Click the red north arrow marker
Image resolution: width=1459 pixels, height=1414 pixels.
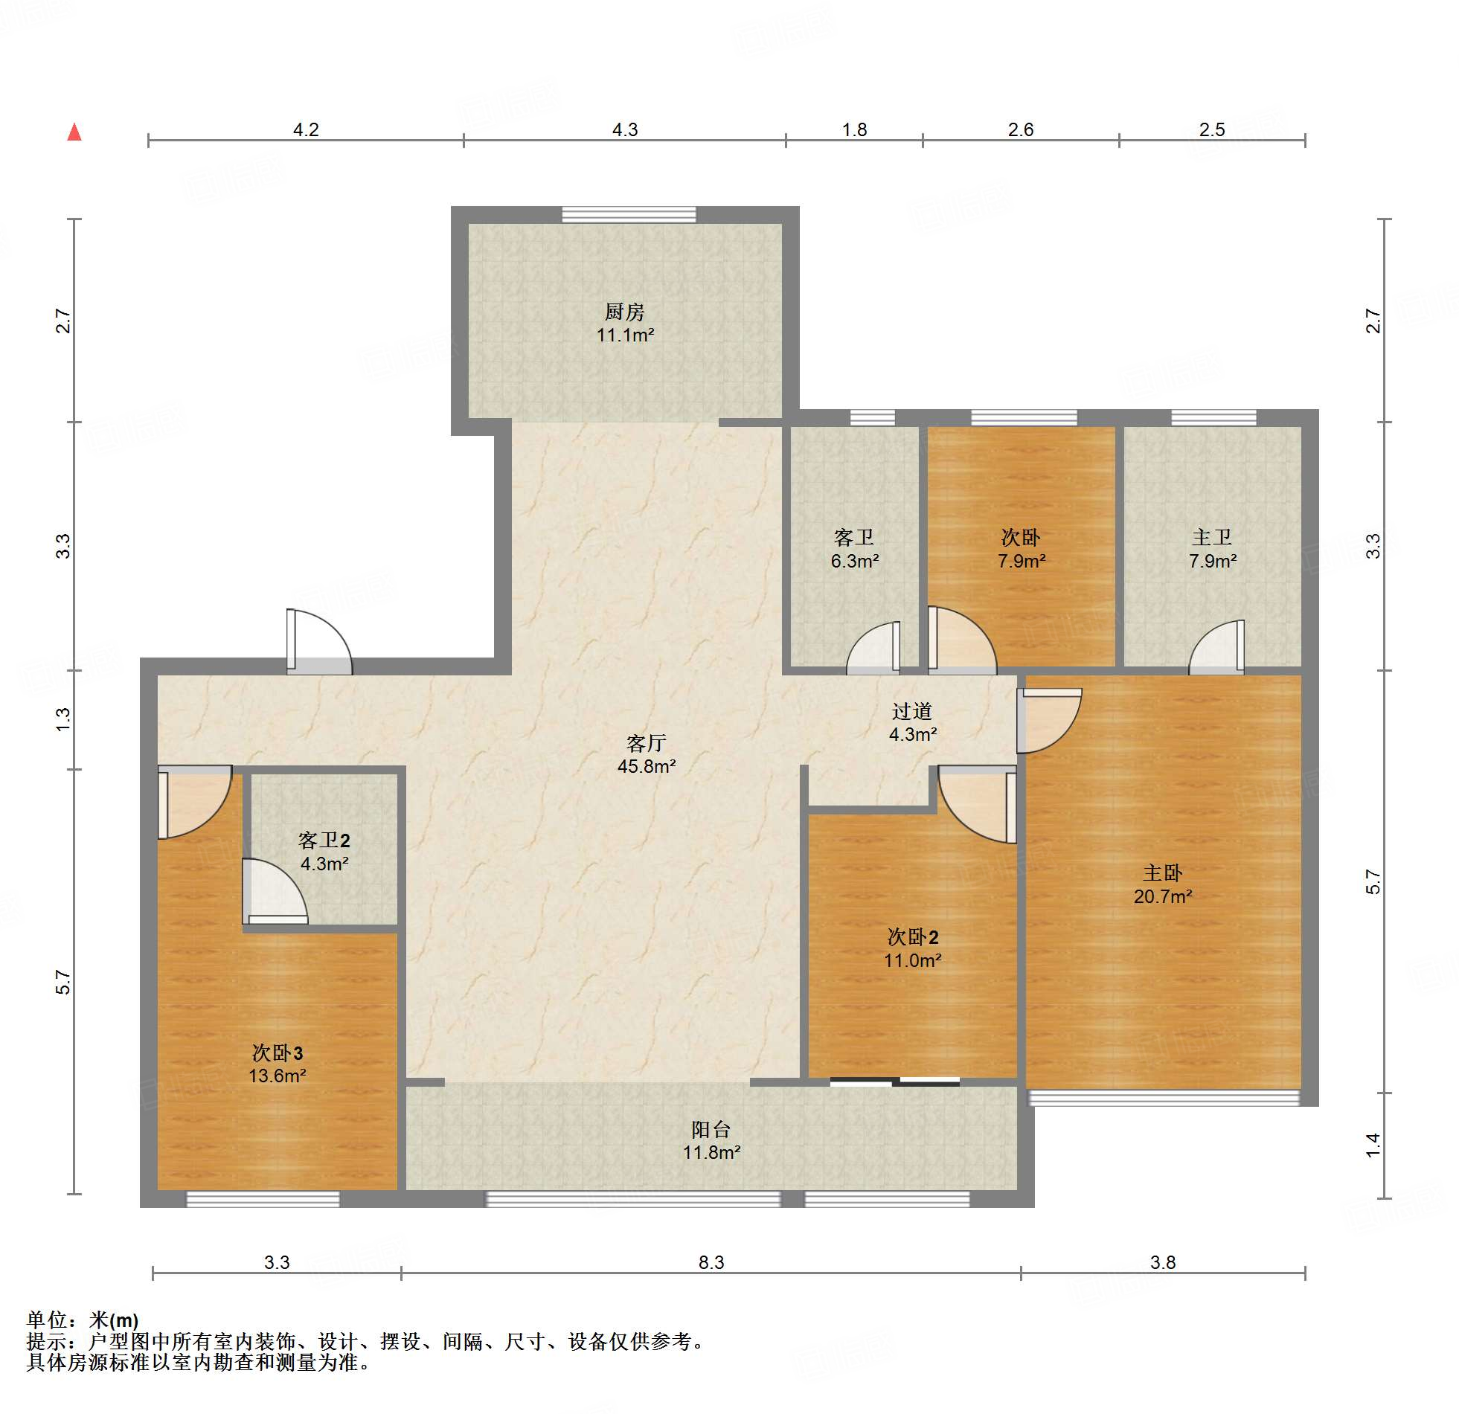click(x=74, y=132)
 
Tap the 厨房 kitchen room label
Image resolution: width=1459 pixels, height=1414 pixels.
click(x=624, y=311)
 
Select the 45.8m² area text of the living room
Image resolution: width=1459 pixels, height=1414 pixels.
click(x=646, y=766)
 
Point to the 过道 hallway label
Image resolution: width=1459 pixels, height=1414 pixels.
click(x=912, y=712)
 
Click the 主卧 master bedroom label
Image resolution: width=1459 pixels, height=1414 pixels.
click(x=1163, y=873)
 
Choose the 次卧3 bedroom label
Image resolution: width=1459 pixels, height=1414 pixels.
click(x=277, y=1053)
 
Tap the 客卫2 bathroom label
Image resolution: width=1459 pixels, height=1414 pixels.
click(x=324, y=841)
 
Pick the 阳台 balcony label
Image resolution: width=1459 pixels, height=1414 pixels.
click(x=711, y=1129)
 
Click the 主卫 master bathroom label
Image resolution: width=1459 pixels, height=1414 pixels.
click(x=1212, y=536)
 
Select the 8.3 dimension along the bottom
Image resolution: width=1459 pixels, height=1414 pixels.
click(x=711, y=1262)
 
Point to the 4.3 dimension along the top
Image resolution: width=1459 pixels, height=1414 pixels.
click(x=624, y=129)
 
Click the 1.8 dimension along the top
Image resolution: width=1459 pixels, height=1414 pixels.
click(x=854, y=129)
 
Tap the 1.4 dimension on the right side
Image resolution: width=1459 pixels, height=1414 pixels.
click(x=1373, y=1145)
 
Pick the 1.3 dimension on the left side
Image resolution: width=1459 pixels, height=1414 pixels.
click(x=63, y=719)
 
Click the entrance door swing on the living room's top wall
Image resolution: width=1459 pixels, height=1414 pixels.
click(x=318, y=641)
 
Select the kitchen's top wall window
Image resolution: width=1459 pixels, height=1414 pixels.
click(x=629, y=215)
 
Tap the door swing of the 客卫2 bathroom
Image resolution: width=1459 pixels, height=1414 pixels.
click(x=274, y=892)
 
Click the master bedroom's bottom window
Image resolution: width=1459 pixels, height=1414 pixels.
click(x=1164, y=1098)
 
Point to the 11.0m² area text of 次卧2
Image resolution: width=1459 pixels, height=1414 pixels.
click(x=913, y=960)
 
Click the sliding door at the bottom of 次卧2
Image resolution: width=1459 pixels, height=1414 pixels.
click(x=895, y=1082)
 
